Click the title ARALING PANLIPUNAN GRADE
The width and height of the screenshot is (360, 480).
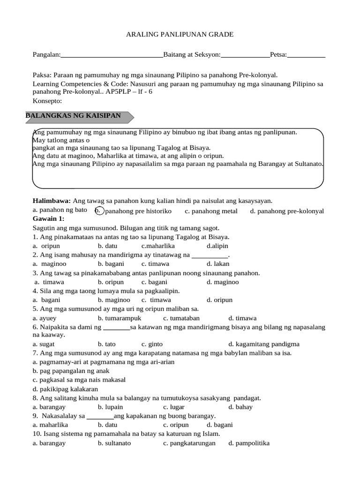coord(180,35)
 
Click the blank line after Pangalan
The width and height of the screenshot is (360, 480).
coord(112,55)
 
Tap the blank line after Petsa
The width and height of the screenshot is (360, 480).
coord(307,55)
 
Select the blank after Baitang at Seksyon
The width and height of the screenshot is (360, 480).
coord(245,55)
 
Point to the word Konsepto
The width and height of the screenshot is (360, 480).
coord(47,101)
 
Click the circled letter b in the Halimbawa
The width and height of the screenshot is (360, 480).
coord(98,211)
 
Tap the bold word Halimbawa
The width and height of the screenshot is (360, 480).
coord(51,201)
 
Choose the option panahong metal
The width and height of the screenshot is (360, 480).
coord(211,211)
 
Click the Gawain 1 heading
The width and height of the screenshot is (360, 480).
coord(48,219)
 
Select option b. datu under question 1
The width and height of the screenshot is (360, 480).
coord(107,246)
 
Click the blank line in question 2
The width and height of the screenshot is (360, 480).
coord(210,255)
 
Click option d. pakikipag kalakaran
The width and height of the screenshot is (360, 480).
coord(65,389)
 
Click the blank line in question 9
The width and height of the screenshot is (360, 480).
coord(100,416)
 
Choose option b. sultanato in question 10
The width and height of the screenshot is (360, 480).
coord(114,443)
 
